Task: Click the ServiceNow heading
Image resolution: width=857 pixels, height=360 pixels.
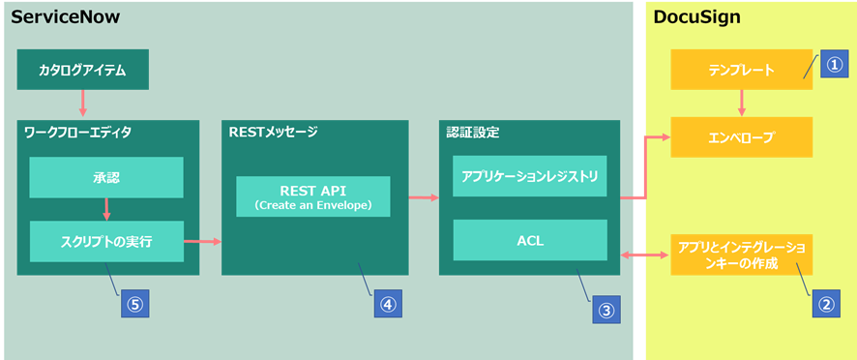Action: coord(65,17)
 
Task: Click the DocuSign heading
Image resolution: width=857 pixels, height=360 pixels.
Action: coord(696,17)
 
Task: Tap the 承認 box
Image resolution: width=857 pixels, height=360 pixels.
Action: coord(106,177)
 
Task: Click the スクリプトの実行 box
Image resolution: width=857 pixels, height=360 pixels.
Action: coord(106,241)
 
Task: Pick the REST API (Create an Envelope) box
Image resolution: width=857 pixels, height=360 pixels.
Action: coord(313,196)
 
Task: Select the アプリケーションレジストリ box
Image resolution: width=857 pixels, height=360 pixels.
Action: coord(530,176)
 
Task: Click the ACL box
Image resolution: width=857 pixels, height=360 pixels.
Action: coord(530,240)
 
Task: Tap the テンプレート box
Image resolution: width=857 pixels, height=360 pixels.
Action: coord(741,70)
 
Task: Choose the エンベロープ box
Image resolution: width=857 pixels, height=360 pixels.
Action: coord(741,137)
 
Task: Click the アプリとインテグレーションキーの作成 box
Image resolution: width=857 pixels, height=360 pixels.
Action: coord(741,255)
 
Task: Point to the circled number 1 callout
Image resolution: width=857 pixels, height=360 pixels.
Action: coord(832,65)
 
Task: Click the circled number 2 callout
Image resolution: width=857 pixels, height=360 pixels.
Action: coord(826,303)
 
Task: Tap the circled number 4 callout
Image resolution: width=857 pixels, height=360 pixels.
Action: coord(388,303)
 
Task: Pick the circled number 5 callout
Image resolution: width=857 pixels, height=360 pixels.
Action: coord(134,303)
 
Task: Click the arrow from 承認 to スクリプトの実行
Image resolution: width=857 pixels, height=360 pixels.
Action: coord(106,210)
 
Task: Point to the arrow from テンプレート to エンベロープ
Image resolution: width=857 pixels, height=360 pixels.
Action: coord(741,104)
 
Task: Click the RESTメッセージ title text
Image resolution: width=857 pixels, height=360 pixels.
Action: coord(273,133)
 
